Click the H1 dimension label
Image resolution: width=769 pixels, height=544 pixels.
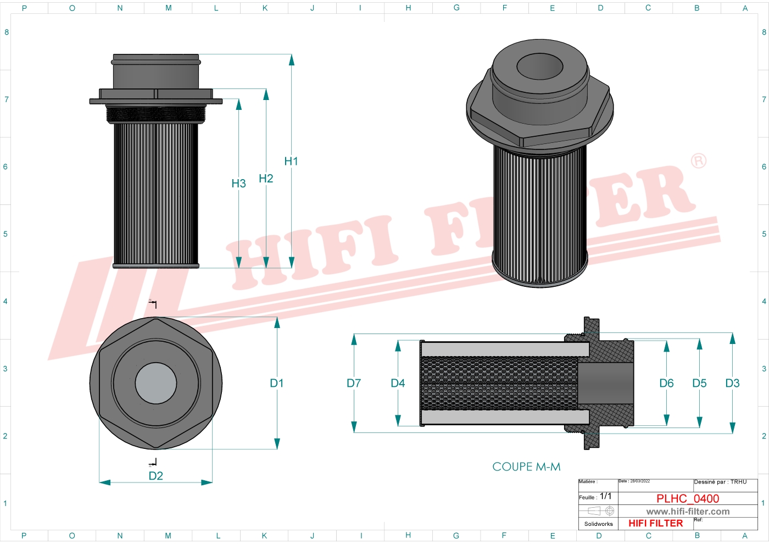pos(291,161)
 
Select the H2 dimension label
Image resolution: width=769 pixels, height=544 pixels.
pos(266,179)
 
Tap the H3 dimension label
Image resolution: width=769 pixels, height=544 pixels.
pos(238,184)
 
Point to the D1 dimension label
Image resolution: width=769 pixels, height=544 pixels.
pos(277,383)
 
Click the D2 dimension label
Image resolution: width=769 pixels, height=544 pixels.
pos(156,476)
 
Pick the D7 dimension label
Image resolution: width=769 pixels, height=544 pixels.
pos(354,383)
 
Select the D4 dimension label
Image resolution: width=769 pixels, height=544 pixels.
pos(398,383)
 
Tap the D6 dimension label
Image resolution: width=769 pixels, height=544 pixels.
pos(666,383)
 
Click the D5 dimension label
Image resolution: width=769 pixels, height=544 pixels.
pos(699,383)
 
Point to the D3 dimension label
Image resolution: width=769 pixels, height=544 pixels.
pos(732,383)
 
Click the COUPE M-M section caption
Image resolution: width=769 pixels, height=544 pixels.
pos(526,467)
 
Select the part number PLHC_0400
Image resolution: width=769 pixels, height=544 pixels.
pos(688,498)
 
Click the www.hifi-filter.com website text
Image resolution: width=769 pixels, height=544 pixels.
pos(688,512)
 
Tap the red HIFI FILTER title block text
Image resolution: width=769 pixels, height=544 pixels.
pos(655,523)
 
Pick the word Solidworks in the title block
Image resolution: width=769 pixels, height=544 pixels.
pos(598,524)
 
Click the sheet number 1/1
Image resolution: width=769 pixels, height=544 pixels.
pos(605,496)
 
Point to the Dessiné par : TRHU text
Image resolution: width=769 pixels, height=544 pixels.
pos(720,482)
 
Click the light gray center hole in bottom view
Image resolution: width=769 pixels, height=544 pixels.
pos(156,383)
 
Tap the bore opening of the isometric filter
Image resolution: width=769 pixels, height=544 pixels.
pos(539,66)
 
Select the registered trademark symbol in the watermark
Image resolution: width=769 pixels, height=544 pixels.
pos(698,160)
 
